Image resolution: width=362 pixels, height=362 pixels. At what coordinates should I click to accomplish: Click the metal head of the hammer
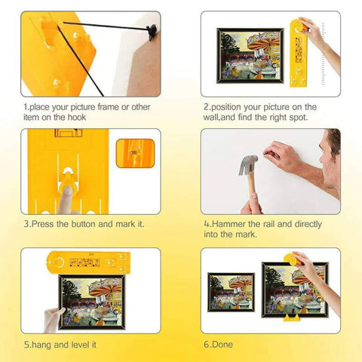pos(247,165)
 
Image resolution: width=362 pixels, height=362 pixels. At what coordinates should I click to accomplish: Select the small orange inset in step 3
pos(135,153)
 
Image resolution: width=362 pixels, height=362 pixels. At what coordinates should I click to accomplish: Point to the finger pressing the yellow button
pos(66,200)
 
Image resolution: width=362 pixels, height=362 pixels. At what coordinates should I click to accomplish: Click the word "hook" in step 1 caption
pos(76,118)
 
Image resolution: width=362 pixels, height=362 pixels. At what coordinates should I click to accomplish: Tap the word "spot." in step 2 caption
pos(299,118)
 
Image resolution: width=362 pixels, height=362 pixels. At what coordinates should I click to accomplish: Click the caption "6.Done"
pos(218,345)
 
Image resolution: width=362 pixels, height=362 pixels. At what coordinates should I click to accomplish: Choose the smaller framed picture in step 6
pos(231,292)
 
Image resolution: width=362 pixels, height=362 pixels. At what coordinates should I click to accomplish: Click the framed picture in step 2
pos(250,56)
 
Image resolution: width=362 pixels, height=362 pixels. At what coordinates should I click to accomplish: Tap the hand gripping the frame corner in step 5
pos(54,319)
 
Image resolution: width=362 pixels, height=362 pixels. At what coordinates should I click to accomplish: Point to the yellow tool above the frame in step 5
pos(88,262)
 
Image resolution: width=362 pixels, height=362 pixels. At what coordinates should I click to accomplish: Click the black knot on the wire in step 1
pos(152,31)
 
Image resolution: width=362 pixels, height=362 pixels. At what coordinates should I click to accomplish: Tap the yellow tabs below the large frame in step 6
pos(292,318)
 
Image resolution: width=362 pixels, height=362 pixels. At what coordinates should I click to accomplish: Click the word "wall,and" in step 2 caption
pos(219,118)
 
